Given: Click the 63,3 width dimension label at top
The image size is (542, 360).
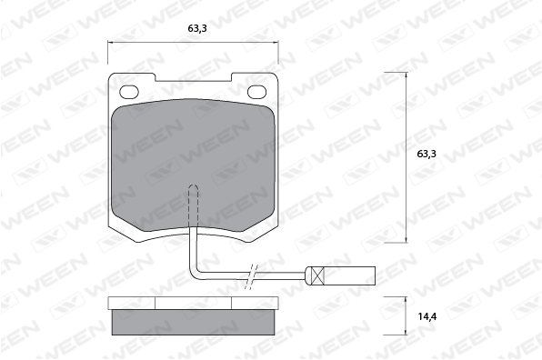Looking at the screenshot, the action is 197,28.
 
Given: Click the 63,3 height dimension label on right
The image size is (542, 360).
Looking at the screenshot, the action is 427,154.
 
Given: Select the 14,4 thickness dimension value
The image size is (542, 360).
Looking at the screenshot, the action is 427,316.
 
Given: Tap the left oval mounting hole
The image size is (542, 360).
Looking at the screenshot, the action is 129,92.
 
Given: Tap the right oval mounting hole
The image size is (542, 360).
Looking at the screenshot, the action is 257,92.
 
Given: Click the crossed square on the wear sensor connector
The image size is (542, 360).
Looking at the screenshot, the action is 317,275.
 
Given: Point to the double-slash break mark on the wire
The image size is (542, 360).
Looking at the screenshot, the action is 252,276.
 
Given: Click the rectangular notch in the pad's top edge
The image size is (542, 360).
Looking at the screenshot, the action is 193,77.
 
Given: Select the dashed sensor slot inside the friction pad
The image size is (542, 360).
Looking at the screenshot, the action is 193,206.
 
